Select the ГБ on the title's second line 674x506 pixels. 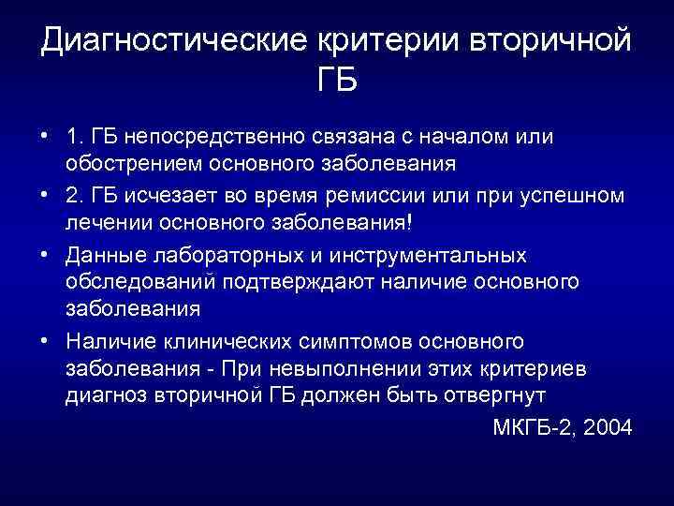[337, 82]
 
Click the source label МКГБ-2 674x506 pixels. [530, 427]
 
